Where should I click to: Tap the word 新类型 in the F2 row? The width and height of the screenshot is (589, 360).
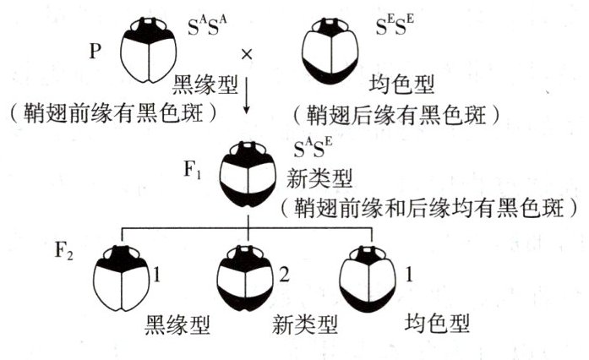click(302, 325)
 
